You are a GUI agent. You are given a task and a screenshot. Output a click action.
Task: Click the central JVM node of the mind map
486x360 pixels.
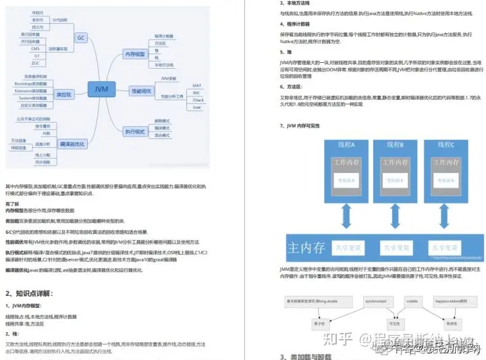[x=101, y=88]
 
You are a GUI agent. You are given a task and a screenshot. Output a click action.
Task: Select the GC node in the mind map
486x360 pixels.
[x=80, y=37]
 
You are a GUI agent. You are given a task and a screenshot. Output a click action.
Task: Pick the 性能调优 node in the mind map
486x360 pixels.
[x=141, y=90]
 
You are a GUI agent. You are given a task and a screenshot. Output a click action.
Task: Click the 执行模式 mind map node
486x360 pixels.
[x=136, y=132]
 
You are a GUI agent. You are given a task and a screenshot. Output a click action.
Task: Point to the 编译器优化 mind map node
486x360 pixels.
[x=72, y=144]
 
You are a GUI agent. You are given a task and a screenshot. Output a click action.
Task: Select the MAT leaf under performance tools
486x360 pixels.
[x=196, y=86]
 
